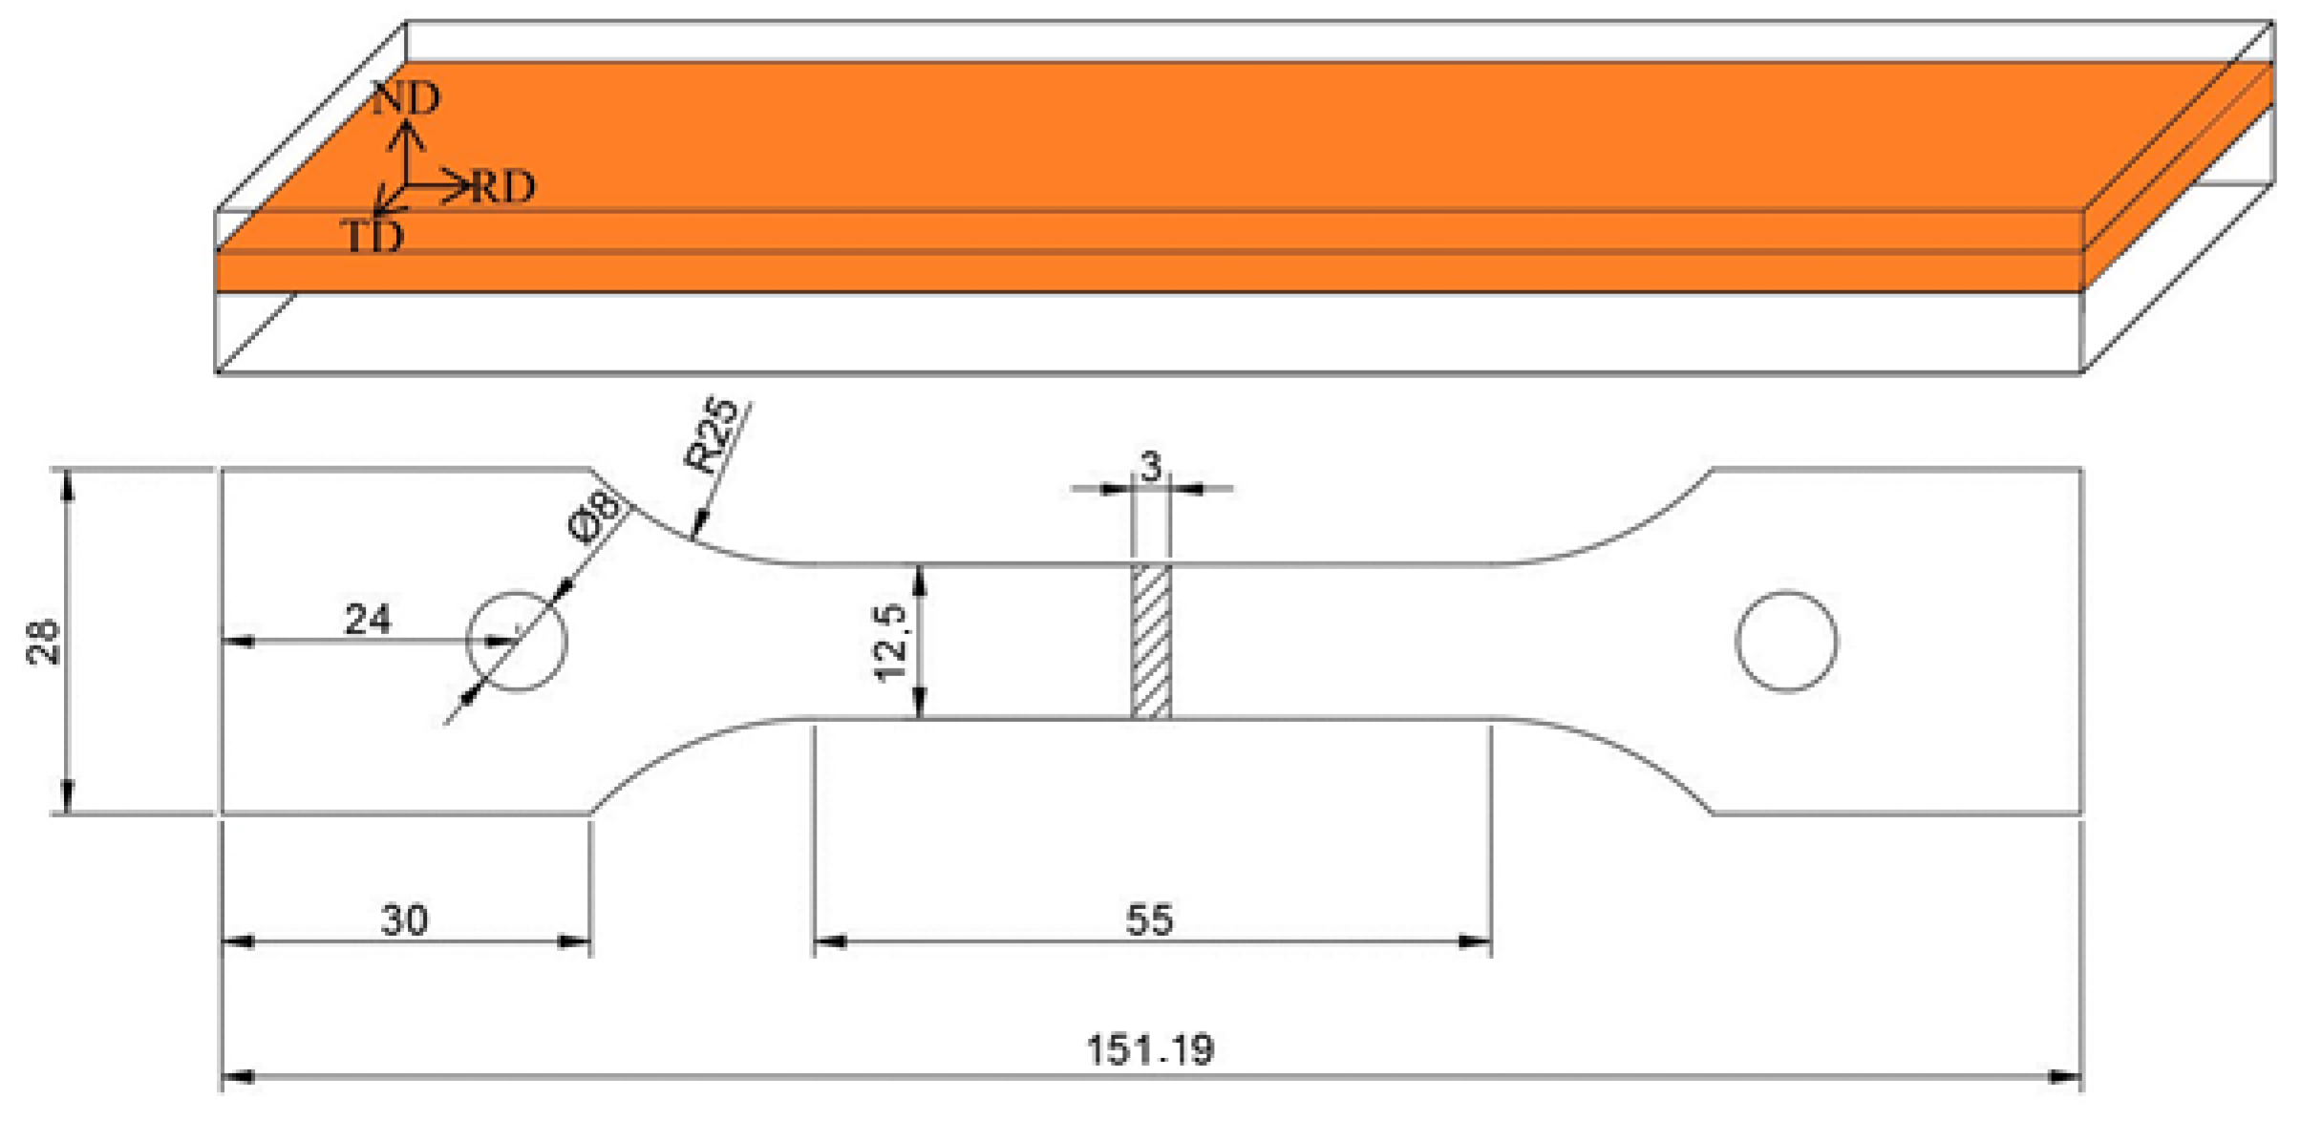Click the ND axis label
[407, 97]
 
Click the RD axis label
[502, 186]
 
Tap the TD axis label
[373, 236]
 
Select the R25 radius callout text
[712, 435]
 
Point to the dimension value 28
[43, 642]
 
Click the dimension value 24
[368, 620]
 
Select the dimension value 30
[404, 920]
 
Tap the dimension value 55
[1149, 920]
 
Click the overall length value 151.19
[1150, 1049]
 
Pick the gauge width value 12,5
[890, 642]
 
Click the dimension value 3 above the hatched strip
[1151, 466]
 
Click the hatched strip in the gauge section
[1151, 641]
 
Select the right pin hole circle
[1786, 641]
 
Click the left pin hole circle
[517, 641]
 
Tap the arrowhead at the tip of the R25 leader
[698, 525]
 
